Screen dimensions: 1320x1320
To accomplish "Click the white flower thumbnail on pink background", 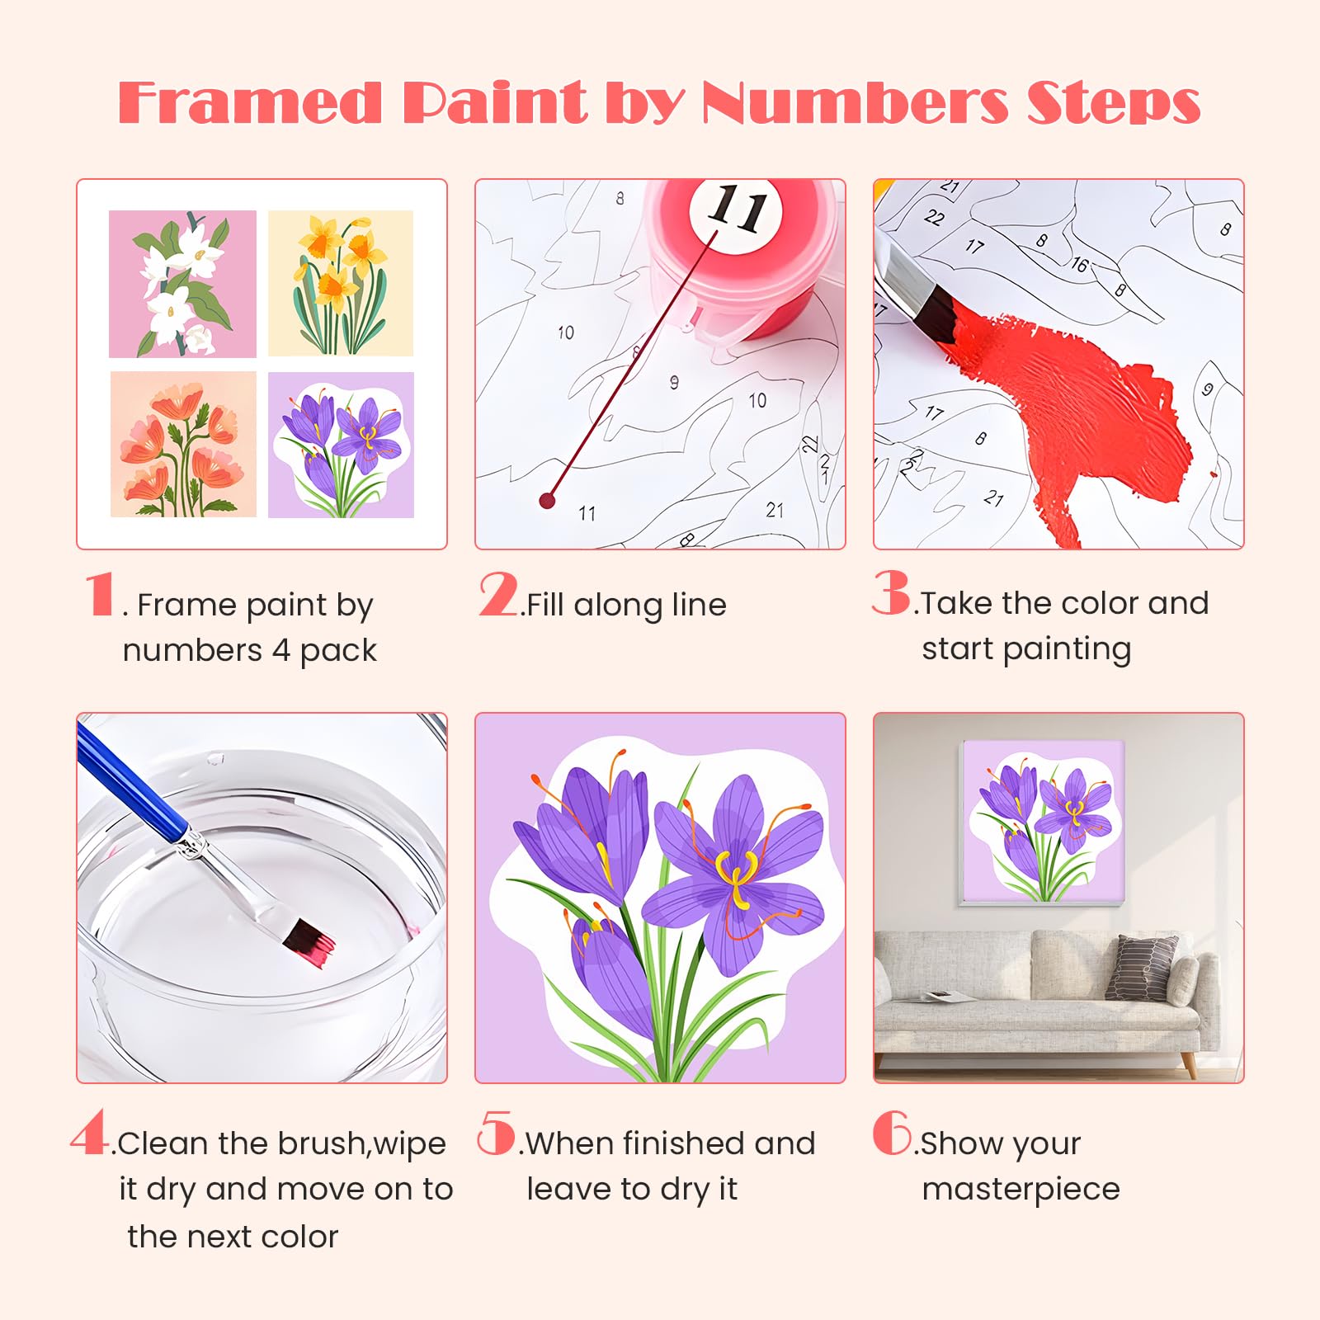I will [182, 284].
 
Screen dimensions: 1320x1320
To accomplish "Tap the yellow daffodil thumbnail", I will [340, 283].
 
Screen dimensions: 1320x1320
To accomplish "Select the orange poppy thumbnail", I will [183, 445].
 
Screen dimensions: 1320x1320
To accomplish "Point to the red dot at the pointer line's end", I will [547, 500].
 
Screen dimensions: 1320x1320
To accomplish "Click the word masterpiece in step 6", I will [1021, 1190].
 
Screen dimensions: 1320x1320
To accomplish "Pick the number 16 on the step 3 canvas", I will [1079, 264].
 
